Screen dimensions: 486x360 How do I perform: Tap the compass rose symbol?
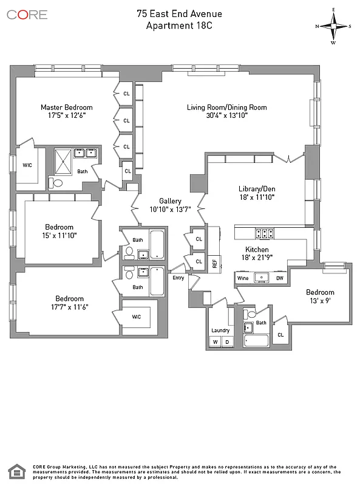(x=333, y=26)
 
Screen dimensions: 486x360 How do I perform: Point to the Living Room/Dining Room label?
(x=226, y=108)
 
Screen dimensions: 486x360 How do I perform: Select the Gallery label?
(x=171, y=200)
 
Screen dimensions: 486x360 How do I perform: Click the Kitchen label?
(x=257, y=250)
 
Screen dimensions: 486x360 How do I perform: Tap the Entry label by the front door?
(x=178, y=278)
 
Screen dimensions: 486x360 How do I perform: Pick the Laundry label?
(x=220, y=330)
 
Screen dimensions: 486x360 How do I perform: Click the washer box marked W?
(x=215, y=342)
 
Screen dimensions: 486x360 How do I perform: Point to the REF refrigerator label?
(x=214, y=262)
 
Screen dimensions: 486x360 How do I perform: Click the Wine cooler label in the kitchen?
(x=243, y=278)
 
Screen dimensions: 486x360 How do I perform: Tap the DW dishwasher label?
(x=280, y=278)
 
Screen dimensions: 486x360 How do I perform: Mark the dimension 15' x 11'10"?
(x=59, y=235)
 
